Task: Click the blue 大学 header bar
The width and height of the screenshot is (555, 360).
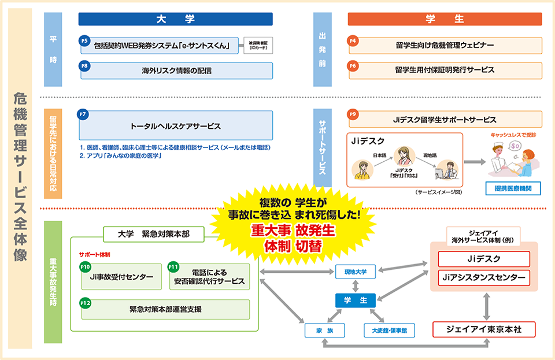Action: [x=176, y=19]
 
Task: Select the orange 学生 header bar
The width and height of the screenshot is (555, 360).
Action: [x=445, y=19]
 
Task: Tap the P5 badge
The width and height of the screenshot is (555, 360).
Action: [x=84, y=40]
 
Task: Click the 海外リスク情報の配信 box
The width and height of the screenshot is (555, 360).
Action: [x=176, y=71]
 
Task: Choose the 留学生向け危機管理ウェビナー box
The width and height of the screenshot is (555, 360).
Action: [x=445, y=46]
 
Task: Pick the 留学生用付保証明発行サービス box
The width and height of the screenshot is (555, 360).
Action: [x=445, y=69]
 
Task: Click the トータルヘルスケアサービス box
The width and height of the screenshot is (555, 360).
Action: [x=176, y=125]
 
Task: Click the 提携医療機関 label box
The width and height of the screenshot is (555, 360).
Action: [x=513, y=188]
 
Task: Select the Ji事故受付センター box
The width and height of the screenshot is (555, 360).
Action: [x=121, y=277]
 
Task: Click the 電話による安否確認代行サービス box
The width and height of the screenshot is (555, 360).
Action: [x=209, y=277]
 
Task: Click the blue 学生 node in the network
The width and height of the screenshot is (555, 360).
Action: [x=356, y=300]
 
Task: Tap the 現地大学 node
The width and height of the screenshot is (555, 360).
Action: [x=356, y=271]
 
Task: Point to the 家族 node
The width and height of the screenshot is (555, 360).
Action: [x=325, y=331]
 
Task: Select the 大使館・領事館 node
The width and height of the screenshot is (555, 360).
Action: [x=386, y=331]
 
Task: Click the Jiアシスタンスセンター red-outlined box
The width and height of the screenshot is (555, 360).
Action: [x=484, y=277]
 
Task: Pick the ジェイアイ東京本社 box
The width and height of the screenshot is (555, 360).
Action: [x=484, y=329]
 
